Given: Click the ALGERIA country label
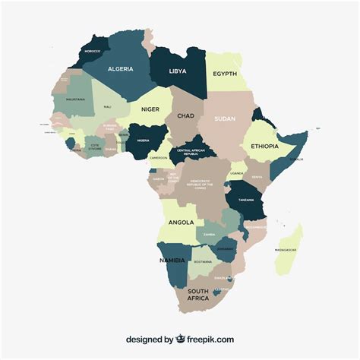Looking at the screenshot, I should coord(121,68).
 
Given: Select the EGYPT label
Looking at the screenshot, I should coord(225,74).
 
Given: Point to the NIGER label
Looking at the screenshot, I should coord(150,109).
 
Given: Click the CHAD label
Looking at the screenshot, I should coord(185,116).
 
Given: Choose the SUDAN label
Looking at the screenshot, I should coord(225,118).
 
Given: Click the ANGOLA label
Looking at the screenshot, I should coord(182,223).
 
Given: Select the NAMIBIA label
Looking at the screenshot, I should coord(172,260).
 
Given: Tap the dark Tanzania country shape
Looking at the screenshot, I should coord(246,200).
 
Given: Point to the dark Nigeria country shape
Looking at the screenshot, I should coord(144,141).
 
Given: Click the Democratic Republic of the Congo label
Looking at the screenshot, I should coord(201,183).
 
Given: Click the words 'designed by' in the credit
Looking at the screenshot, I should coord(150,339).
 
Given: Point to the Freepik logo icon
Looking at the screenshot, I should coord(181,339).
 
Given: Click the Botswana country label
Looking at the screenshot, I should coord(203,261).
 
